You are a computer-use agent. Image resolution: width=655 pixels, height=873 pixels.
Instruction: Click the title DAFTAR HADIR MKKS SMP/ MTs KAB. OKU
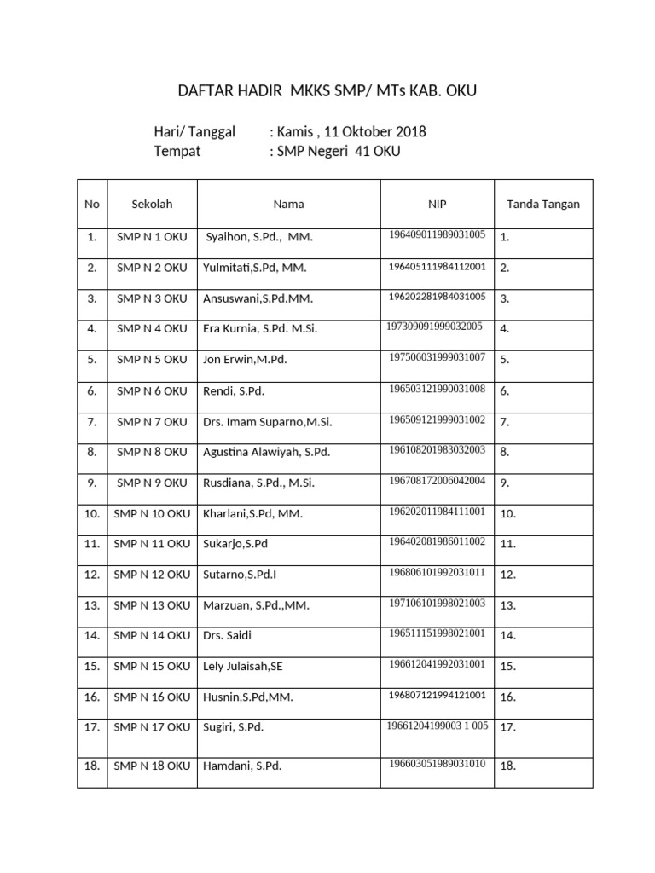(327, 91)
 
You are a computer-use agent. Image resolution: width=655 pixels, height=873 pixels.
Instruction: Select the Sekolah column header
(152, 205)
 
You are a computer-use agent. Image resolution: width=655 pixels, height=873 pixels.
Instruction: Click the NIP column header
(437, 205)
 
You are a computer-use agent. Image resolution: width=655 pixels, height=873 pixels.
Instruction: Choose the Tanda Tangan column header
(543, 205)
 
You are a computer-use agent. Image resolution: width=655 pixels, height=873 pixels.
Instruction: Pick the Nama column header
(288, 205)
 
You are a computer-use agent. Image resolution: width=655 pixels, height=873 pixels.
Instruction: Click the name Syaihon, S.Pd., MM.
(259, 237)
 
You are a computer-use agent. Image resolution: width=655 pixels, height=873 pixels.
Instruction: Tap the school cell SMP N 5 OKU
(152, 360)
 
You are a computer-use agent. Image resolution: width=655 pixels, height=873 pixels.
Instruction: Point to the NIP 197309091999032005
(435, 326)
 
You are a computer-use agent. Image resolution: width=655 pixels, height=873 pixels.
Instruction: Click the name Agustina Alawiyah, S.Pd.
(266, 452)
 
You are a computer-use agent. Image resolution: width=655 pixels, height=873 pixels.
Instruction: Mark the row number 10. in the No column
(92, 514)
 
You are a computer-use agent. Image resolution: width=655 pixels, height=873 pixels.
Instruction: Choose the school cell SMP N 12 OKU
(152, 575)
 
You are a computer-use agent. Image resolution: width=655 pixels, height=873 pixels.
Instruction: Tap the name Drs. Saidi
(228, 636)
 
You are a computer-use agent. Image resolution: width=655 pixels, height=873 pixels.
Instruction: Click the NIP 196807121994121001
(438, 696)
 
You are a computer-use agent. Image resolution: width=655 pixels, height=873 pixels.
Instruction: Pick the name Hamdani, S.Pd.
(242, 766)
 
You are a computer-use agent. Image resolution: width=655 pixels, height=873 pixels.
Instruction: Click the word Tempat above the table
(177, 152)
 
